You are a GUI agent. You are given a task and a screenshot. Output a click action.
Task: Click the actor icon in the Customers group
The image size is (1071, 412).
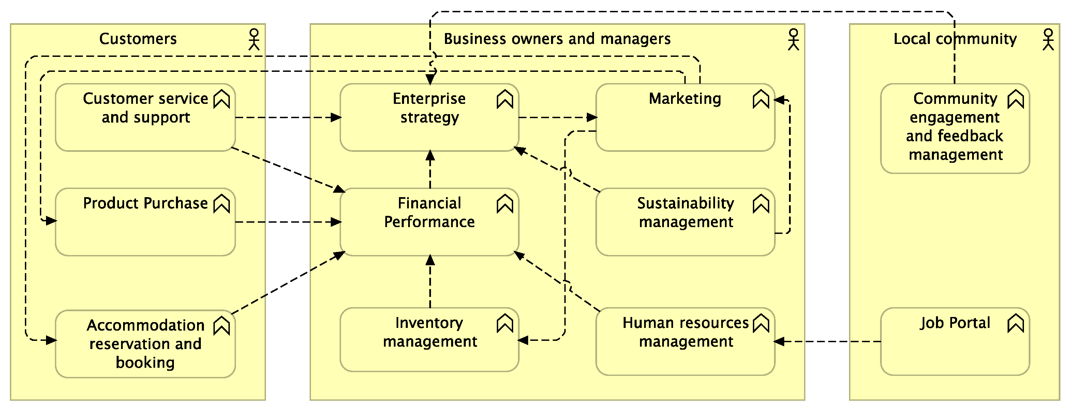[254, 39]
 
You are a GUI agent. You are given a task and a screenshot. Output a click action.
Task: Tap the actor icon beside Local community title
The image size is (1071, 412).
[1048, 39]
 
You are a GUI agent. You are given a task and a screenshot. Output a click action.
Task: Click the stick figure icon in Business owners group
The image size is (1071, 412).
[793, 39]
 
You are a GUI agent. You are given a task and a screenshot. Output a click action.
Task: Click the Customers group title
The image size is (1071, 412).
[138, 38]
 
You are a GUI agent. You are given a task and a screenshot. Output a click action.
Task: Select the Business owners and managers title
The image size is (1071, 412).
[557, 38]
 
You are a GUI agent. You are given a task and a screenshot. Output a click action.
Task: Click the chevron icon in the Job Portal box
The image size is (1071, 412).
[1015, 323]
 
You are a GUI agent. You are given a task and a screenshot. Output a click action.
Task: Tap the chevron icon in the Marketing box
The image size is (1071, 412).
[761, 99]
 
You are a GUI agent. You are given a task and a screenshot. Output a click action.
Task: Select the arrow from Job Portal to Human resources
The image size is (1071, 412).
[827, 342]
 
